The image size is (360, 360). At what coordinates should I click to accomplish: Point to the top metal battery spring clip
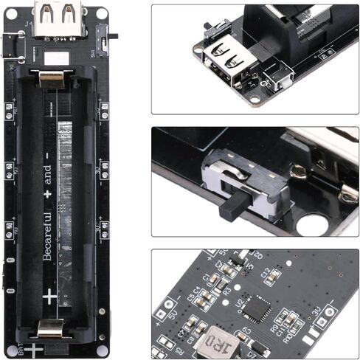pos(50,75)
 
